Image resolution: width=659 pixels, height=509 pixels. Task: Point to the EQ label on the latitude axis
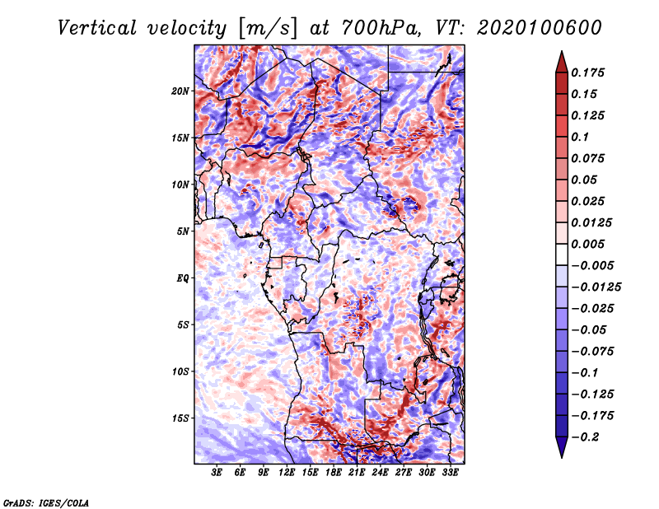pos(183,278)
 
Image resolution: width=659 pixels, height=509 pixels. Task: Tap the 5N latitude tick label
pos(184,231)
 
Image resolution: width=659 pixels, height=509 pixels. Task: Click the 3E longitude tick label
pos(217,474)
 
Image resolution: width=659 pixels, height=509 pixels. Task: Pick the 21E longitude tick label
pos(357,474)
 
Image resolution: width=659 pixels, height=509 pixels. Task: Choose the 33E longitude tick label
pos(450,474)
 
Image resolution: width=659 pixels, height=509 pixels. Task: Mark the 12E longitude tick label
pos(287,474)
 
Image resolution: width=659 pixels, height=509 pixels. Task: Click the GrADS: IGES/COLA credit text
pos(46,502)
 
